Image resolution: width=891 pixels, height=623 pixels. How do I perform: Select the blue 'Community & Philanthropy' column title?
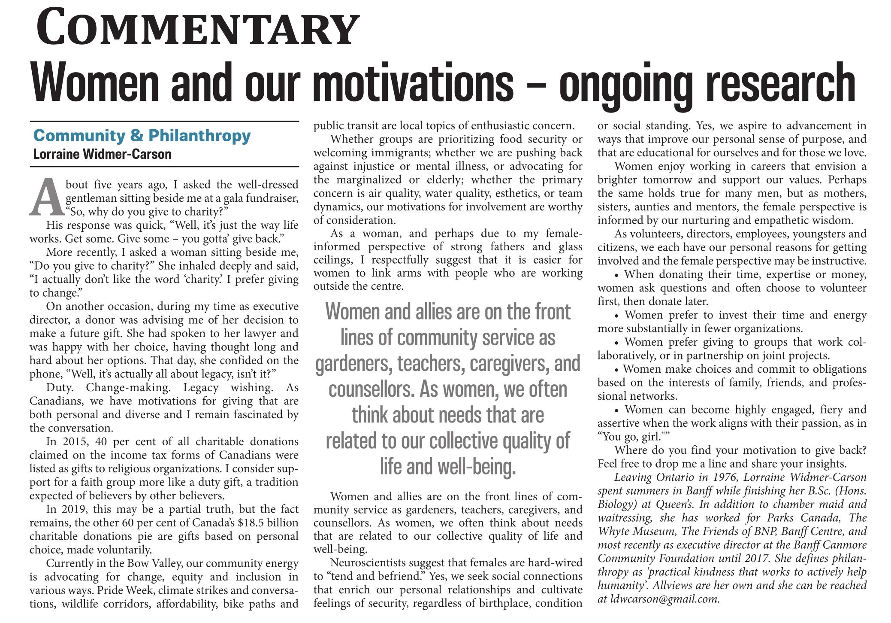click(142, 136)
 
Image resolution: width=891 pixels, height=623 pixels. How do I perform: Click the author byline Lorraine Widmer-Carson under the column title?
click(102, 154)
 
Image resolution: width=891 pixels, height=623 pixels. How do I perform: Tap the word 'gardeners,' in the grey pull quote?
click(353, 364)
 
